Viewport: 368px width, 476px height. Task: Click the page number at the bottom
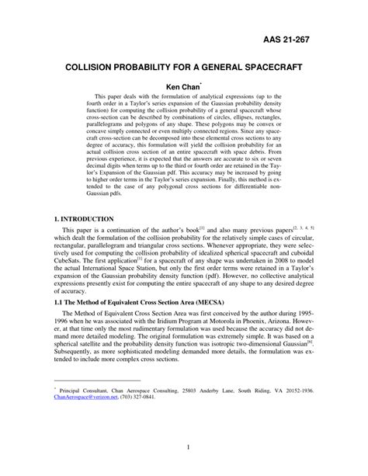click(x=183, y=447)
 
